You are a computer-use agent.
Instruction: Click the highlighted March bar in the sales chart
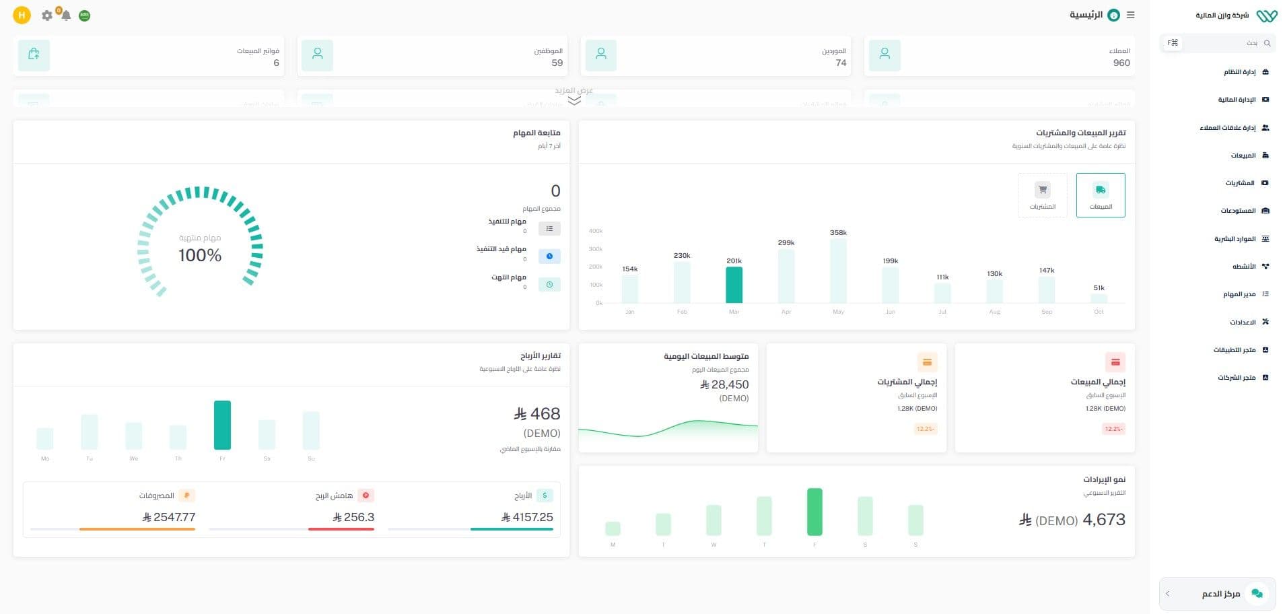(x=734, y=285)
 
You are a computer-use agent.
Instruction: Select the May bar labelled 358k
(x=838, y=271)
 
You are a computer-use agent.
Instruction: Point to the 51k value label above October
(x=1099, y=287)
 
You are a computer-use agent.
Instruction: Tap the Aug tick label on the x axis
(x=994, y=312)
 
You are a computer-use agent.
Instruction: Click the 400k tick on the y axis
(x=596, y=231)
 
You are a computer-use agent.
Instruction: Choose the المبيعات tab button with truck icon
(x=1101, y=195)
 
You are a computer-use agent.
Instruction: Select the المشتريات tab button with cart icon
(x=1042, y=195)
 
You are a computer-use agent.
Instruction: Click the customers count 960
(x=1121, y=63)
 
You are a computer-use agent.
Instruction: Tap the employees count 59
(x=557, y=63)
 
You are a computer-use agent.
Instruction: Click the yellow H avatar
(x=22, y=15)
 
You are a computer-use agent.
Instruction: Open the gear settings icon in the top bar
(x=46, y=15)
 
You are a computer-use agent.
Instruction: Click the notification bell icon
(x=65, y=15)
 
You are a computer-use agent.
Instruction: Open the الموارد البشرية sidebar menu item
(x=1235, y=239)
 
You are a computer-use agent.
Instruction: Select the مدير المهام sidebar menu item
(x=1239, y=294)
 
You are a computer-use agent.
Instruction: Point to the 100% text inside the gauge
(x=200, y=255)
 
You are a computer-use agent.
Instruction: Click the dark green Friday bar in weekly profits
(x=222, y=425)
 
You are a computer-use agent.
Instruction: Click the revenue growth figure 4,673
(x=1103, y=520)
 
